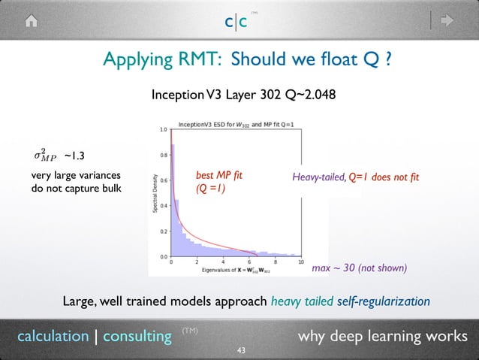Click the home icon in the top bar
31,21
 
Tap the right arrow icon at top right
448,21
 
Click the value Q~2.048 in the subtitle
309,95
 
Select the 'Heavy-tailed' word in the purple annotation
318,177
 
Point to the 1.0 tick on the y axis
163,130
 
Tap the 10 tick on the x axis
300,262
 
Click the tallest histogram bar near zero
173,199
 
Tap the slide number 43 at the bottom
240,350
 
